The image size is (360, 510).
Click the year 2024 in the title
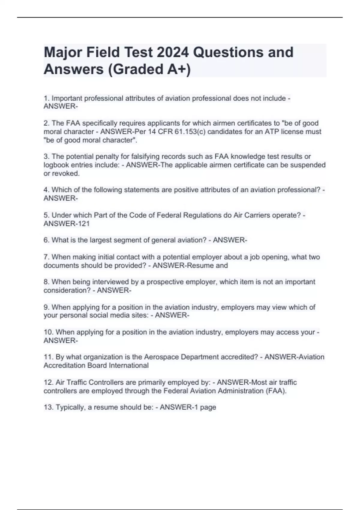pyautogui.click(x=172, y=52)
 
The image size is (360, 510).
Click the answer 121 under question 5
pyautogui.click(x=84, y=224)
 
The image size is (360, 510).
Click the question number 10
pyautogui.click(x=48, y=332)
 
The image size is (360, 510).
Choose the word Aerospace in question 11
pyautogui.click(x=161, y=357)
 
